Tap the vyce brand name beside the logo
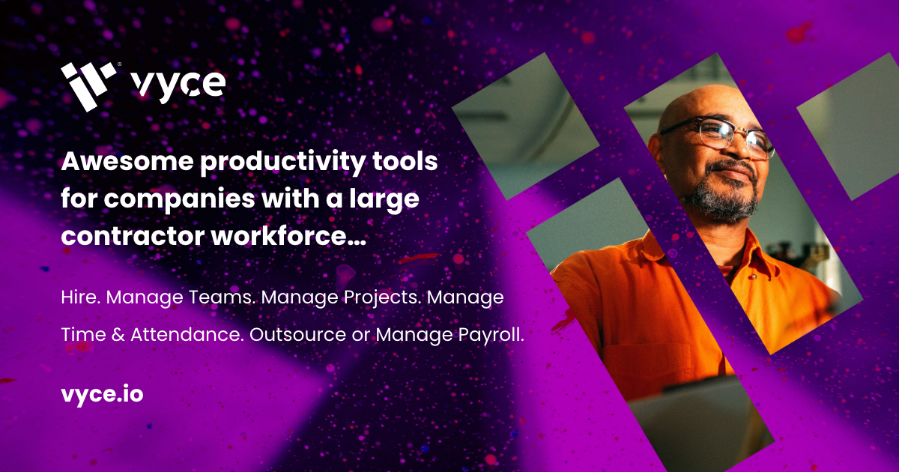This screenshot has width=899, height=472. click(178, 85)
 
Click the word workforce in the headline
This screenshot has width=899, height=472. click(290, 237)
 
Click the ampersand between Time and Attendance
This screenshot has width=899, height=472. click(116, 336)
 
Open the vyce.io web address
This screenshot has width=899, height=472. click(101, 394)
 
